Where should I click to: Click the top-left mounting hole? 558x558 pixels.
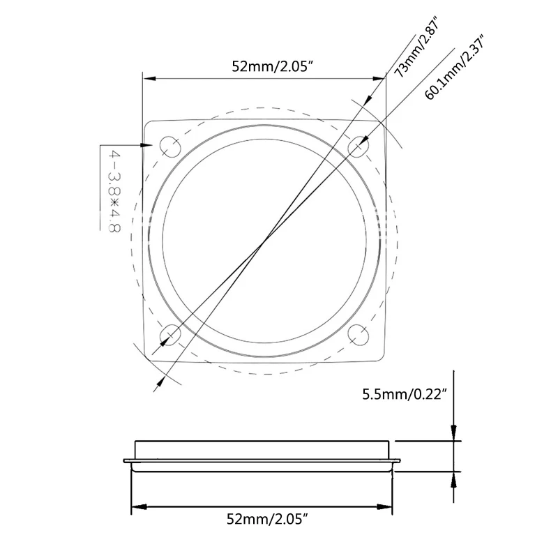pyautogui.click(x=169, y=146)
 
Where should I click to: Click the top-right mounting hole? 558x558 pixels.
pyautogui.click(x=359, y=146)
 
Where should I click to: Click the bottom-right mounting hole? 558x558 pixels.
pyautogui.click(x=359, y=336)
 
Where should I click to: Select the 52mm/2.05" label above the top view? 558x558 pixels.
pyautogui.click(x=266, y=67)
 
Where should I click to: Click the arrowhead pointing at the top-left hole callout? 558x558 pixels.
pyautogui.click(x=149, y=145)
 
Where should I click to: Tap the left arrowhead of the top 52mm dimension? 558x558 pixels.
pyautogui.click(x=149, y=79)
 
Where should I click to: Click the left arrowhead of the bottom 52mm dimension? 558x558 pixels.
pyautogui.click(x=137, y=506)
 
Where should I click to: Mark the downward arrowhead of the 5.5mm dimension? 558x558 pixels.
pyautogui.click(x=454, y=435)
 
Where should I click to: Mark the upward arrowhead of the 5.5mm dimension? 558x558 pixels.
pyautogui.click(x=454, y=476)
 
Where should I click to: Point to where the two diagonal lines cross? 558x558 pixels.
pyautogui.click(x=262, y=243)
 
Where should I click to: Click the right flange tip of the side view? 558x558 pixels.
pyautogui.click(x=400, y=460)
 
